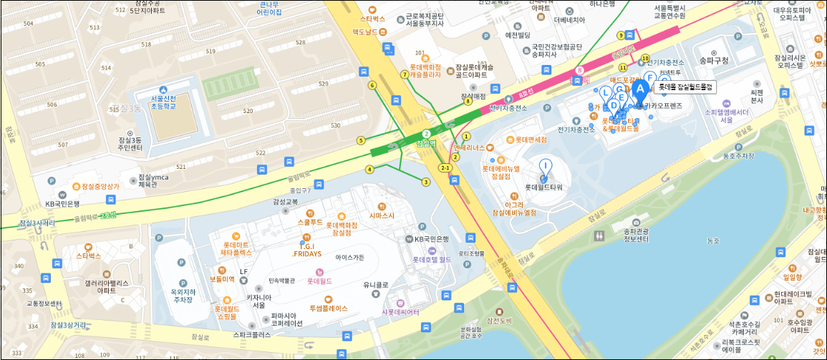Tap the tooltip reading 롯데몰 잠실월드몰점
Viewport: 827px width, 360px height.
click(x=686, y=87)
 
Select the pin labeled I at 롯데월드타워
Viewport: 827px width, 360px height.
click(x=546, y=167)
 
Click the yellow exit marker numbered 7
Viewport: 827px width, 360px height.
click(x=405, y=74)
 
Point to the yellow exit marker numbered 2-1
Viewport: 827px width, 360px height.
click(x=445, y=167)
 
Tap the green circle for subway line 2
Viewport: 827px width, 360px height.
click(x=426, y=134)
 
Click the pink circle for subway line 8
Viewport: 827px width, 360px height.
click(x=579, y=71)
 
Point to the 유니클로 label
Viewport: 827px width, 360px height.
click(x=375, y=284)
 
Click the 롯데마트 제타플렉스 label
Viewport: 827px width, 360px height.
click(x=236, y=248)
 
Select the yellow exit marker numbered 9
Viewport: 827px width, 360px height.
click(x=621, y=35)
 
